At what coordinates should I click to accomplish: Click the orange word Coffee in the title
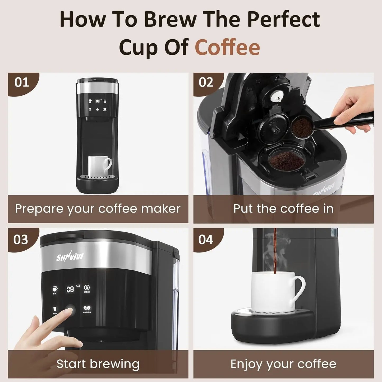tap(227, 47)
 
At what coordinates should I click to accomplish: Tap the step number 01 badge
tap(22, 82)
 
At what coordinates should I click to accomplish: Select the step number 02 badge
tap(206, 82)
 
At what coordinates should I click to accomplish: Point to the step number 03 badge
tap(21, 240)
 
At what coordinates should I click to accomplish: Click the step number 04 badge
tap(206, 240)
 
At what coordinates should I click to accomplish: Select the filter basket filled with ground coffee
tap(286, 160)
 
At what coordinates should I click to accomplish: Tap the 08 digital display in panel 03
tap(70, 289)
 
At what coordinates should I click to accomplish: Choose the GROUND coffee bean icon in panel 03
tap(87, 309)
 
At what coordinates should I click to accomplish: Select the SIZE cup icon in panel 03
tap(55, 289)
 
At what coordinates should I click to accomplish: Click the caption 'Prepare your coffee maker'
tap(98, 209)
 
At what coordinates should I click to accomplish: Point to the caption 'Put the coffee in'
tap(283, 209)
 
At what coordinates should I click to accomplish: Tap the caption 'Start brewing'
tap(98, 364)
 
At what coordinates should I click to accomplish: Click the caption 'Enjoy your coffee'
tap(283, 364)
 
